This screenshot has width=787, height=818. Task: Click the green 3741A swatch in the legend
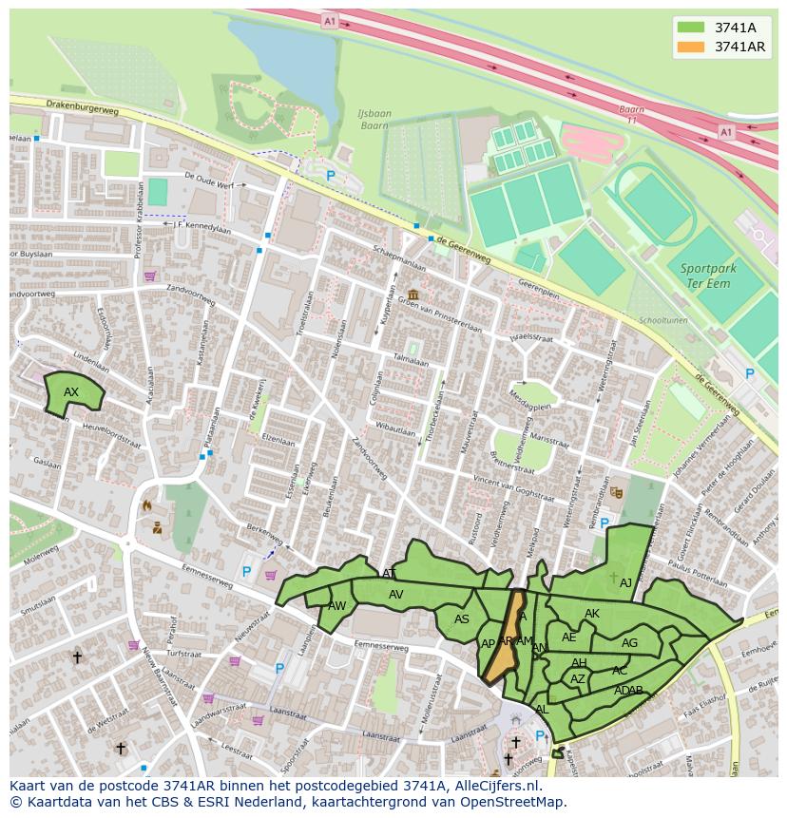point(691,28)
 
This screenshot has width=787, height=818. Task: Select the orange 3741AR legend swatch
point(691,47)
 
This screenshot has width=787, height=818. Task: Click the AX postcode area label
point(71,392)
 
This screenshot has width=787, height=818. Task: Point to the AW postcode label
point(336,606)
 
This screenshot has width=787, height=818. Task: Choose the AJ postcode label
point(625,583)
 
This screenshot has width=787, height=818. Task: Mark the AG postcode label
point(629,643)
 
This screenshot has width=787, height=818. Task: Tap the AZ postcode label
point(578,679)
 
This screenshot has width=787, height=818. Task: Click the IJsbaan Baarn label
point(374,119)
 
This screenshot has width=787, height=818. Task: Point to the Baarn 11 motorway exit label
point(632,115)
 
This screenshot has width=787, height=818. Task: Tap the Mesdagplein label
point(530,400)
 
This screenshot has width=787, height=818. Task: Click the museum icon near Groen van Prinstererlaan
point(413,295)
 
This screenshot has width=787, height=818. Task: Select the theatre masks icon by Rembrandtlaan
point(616,492)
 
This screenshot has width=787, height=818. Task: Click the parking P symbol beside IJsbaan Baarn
point(331,176)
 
